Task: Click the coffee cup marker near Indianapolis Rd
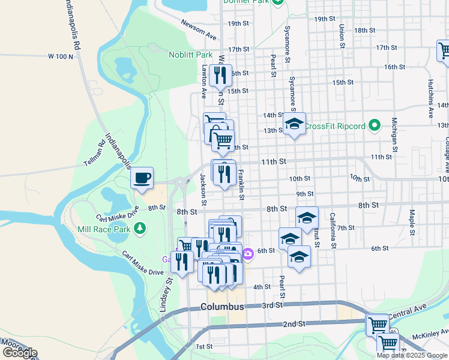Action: click(x=142, y=178)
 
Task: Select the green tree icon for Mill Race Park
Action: click(x=139, y=228)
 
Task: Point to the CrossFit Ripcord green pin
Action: click(x=375, y=126)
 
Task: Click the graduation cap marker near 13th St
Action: click(x=294, y=124)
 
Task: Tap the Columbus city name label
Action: click(x=223, y=307)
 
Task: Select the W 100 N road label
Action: click(x=61, y=56)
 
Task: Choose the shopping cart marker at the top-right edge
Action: click(x=444, y=50)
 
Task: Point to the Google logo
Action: click(x=20, y=353)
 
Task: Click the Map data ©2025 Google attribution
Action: click(x=412, y=355)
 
